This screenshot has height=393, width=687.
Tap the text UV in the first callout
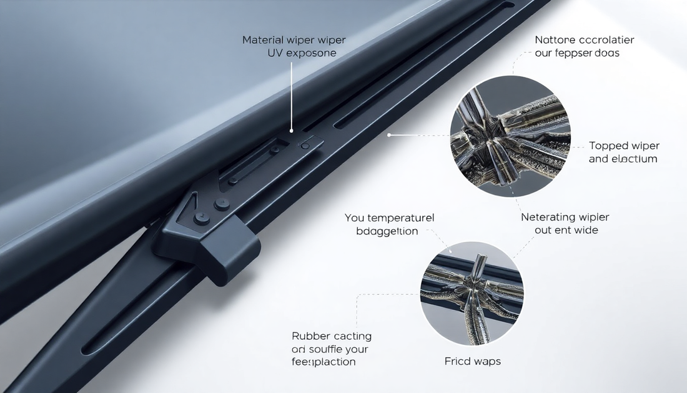click(x=274, y=53)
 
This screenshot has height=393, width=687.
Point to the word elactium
click(x=635, y=159)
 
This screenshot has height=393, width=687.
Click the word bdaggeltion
click(x=387, y=231)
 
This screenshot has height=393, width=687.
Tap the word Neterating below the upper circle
click(x=548, y=217)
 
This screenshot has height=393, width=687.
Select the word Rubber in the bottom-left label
click(x=311, y=337)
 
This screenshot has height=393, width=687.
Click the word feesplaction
click(x=324, y=362)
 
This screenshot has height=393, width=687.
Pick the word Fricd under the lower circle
click(x=458, y=361)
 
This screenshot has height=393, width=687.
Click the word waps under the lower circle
click(x=488, y=361)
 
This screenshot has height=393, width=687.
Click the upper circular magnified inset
click(x=510, y=136)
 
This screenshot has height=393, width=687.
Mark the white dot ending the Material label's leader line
click(x=291, y=132)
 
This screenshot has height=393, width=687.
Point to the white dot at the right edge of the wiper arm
click(x=389, y=134)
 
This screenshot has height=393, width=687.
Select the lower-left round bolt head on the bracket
click(x=200, y=218)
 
